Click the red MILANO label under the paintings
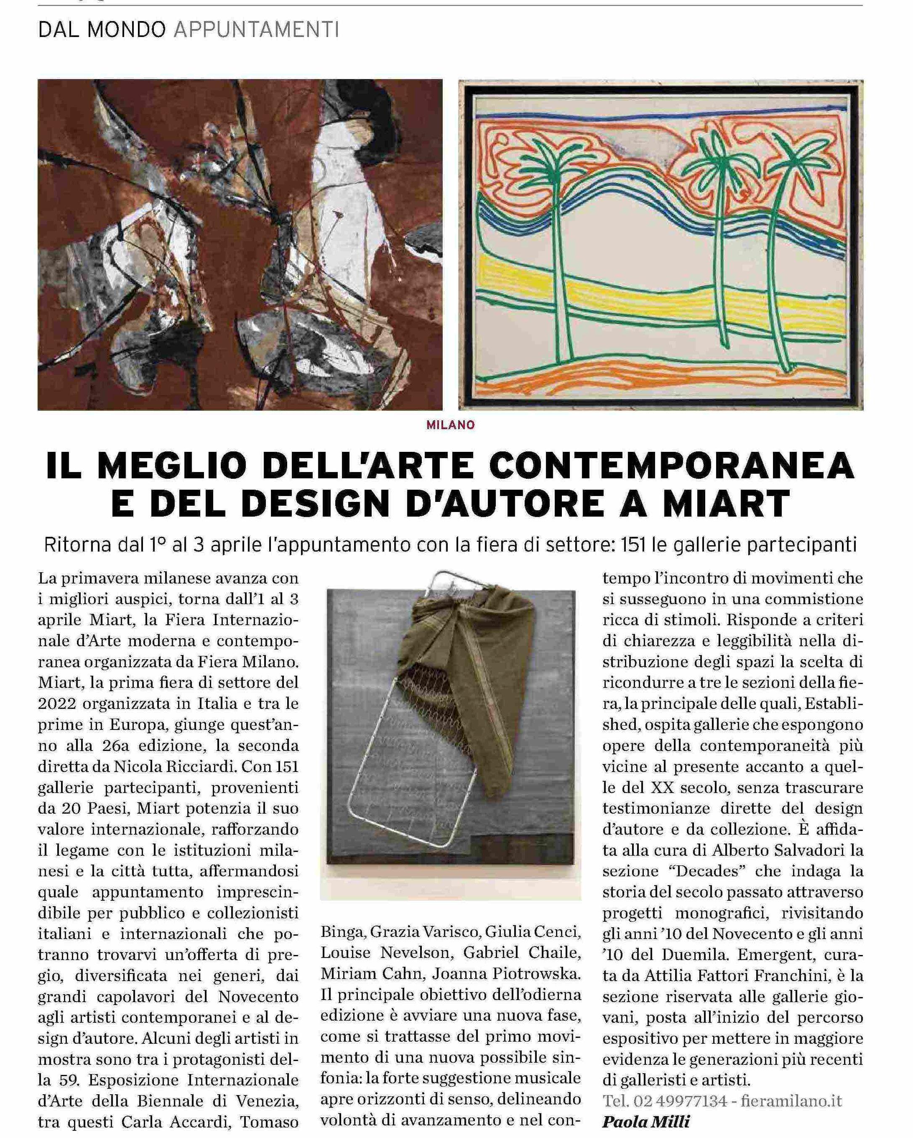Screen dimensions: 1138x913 click(x=451, y=425)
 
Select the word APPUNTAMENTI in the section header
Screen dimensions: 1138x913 click(x=256, y=30)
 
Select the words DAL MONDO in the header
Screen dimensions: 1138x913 click(x=102, y=30)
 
